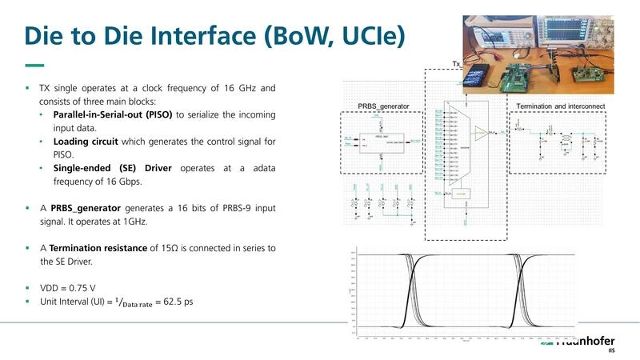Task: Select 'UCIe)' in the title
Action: [369, 36]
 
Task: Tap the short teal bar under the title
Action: [34, 66]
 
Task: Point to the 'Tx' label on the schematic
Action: [457, 63]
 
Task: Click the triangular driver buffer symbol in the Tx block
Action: [480, 131]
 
